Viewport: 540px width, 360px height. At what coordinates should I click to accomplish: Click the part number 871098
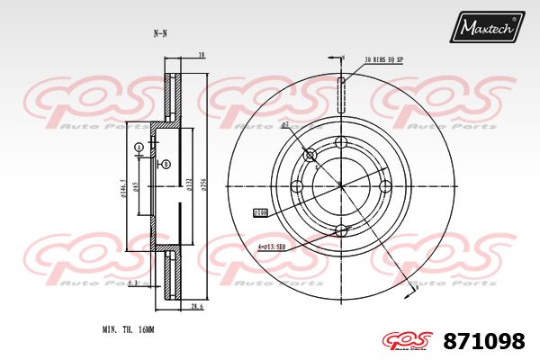click(x=484, y=341)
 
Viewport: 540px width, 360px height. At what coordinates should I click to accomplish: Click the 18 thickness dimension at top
click(x=201, y=55)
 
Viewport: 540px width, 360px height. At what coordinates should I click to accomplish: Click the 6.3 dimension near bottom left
click(x=132, y=283)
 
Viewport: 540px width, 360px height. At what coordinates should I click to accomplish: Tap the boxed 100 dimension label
click(x=261, y=213)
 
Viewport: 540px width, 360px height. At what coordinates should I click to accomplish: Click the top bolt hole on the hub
click(x=341, y=142)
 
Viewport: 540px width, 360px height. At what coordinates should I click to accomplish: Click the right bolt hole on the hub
click(x=385, y=186)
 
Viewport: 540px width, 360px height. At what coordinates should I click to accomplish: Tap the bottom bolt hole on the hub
click(x=341, y=230)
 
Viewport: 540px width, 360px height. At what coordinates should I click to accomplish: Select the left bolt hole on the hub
click(x=297, y=186)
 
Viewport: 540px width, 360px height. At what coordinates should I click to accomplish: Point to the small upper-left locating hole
click(x=310, y=156)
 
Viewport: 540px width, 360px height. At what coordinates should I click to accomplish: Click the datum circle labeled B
click(x=166, y=164)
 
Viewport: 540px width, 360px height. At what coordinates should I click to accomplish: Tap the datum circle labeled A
click(x=139, y=147)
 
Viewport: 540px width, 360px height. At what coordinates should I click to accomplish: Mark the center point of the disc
click(x=341, y=186)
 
